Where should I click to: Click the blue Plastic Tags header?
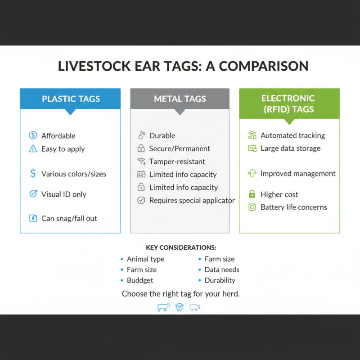70,99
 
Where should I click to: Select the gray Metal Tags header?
180,99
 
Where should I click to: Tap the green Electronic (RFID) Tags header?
289,103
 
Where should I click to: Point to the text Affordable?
58,135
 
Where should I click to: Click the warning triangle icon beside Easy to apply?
33,149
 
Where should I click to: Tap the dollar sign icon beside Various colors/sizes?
33,174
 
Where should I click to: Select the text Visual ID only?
63,194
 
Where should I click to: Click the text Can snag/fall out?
69,218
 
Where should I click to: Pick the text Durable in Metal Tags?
162,135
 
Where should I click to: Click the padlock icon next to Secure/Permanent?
141,148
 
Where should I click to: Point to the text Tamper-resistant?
177,161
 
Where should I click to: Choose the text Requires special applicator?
192,200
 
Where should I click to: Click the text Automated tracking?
292,135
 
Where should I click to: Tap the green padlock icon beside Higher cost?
252,194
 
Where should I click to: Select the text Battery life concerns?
293,207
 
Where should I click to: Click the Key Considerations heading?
181,247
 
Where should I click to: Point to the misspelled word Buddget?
140,280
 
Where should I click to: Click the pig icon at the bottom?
194,307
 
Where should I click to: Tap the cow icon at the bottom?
163,307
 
